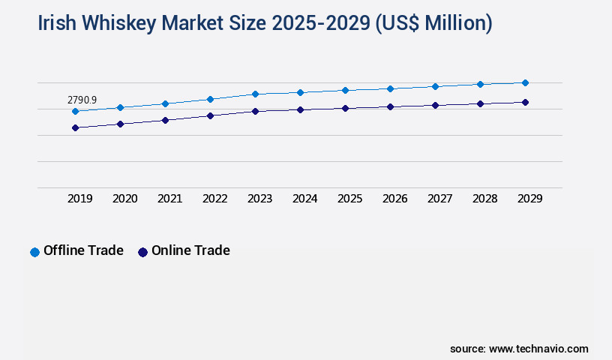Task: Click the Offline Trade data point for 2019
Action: (x=75, y=112)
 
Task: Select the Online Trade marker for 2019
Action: (x=75, y=128)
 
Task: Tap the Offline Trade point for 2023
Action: (x=255, y=94)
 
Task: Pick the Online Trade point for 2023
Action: (x=255, y=111)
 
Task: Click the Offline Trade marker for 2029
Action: (x=525, y=82)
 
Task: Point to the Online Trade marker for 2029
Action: (x=525, y=102)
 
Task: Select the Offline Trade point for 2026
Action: (x=390, y=88)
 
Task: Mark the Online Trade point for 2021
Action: (x=165, y=120)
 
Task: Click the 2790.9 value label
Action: (x=82, y=100)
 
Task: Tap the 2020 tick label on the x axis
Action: (x=124, y=199)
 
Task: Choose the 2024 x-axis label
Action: (x=304, y=199)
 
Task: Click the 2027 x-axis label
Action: (x=439, y=199)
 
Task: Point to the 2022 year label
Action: (x=214, y=199)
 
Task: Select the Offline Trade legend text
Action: (x=83, y=250)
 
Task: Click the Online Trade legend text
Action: (x=190, y=250)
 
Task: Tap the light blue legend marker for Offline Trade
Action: (x=34, y=252)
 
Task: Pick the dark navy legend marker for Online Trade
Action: (x=142, y=252)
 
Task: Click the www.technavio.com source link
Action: (x=538, y=349)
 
